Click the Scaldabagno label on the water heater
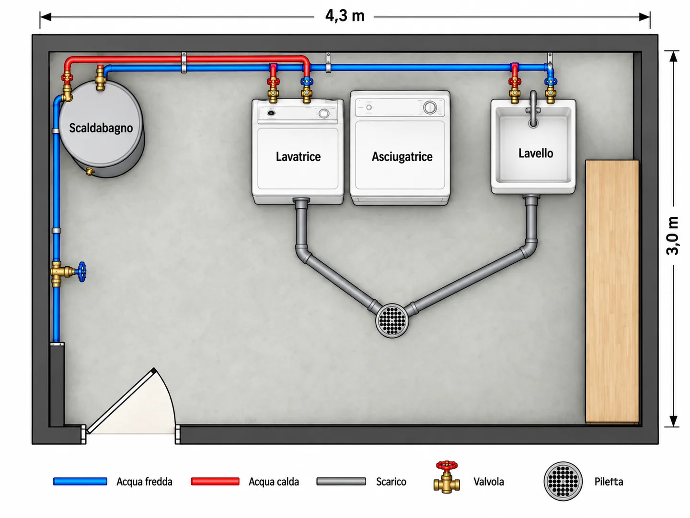pos(101,128)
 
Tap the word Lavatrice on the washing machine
pos(298,157)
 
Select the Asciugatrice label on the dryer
pos(402,157)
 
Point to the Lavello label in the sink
pos(536,153)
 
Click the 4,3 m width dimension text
pos(345,16)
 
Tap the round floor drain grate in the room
pos(392,320)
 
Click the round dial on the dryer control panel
pos(430,107)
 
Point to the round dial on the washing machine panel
pos(324,114)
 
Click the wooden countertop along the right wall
pos(612,292)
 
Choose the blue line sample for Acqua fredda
pos(80,482)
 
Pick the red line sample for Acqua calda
pos(215,482)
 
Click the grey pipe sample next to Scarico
pos(341,482)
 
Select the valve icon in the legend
pos(447,477)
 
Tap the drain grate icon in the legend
pos(563,481)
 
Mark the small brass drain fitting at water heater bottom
pos(90,171)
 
